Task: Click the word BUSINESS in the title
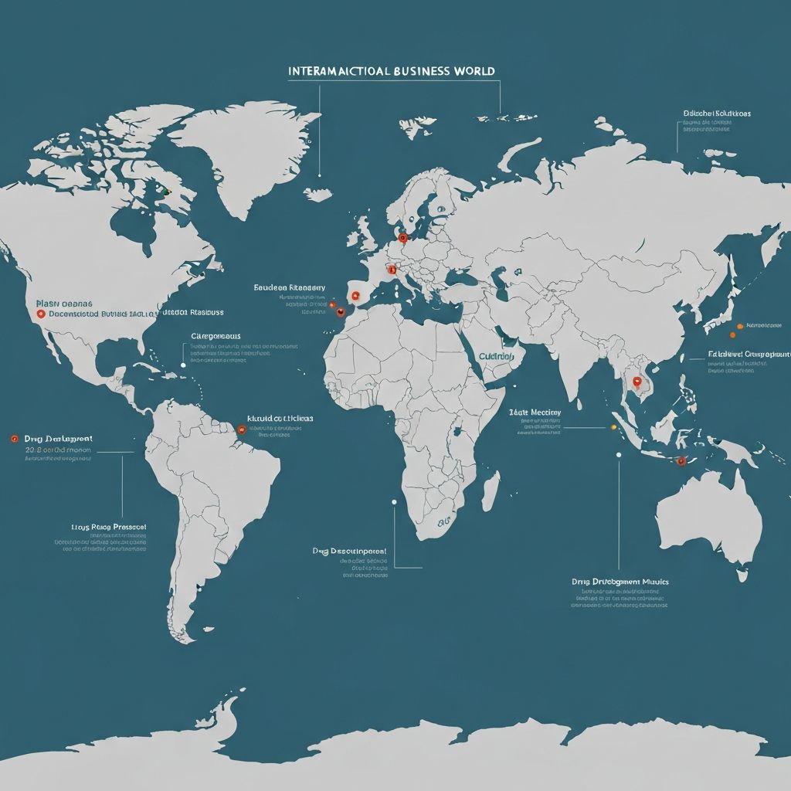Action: [421, 71]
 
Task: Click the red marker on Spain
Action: [355, 295]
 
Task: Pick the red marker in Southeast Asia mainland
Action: [637, 380]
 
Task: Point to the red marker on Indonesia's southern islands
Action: [681, 461]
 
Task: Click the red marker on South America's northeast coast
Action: [241, 429]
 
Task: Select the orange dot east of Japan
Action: [740, 326]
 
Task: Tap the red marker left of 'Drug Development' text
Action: [14, 438]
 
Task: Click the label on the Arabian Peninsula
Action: [496, 357]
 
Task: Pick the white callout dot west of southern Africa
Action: [394, 502]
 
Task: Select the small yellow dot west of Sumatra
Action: [613, 426]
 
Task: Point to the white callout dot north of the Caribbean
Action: [183, 365]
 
